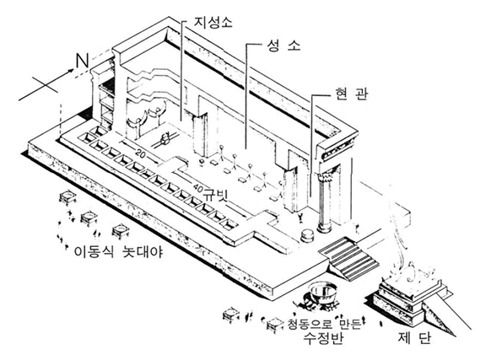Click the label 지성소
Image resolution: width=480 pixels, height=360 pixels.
coord(213,22)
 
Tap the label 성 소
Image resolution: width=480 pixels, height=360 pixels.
coord(283,46)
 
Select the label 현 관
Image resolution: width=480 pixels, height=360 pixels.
coord(351,94)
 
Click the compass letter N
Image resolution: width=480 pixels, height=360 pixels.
coord(82,61)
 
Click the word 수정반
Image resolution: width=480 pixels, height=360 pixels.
coord(324,338)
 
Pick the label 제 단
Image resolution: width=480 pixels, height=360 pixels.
coord(414,338)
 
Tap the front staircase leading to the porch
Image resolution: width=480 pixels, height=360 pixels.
coord(348,259)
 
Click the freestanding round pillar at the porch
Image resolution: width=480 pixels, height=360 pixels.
coord(325,201)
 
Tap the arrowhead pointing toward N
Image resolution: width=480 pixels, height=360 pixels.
coord(71,71)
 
